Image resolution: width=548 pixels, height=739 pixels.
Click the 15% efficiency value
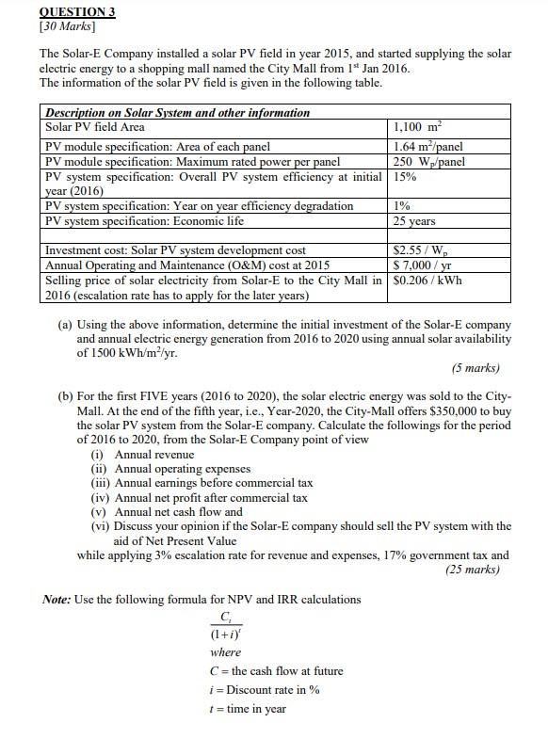pos(405,175)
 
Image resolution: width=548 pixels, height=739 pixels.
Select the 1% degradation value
pos(402,206)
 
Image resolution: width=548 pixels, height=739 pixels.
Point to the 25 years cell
pos(415,221)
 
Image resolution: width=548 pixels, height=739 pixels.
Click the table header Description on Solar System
pos(178,112)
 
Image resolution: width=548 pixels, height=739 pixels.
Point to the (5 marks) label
pos(475,367)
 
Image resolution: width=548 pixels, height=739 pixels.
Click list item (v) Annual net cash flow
pos(167,511)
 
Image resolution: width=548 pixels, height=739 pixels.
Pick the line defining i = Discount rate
pos(265,689)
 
